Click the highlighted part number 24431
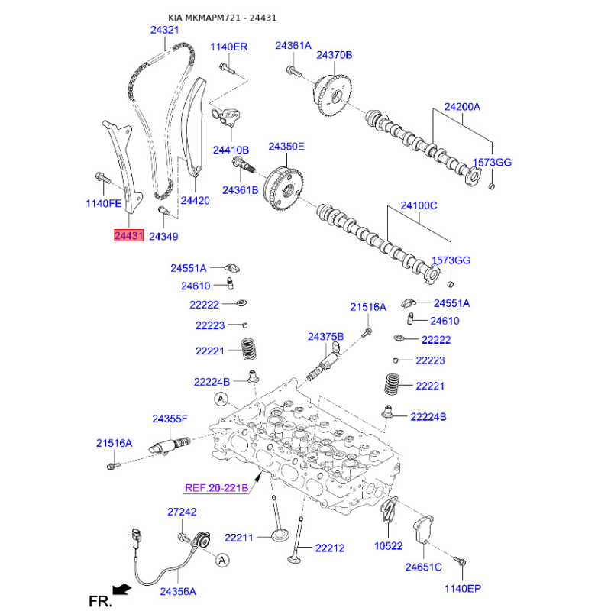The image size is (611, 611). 128,236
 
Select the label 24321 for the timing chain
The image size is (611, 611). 164,30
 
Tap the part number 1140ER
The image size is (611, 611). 229,47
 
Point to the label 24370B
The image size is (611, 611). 335,55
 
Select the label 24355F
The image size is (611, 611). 170,419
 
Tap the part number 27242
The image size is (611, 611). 182,512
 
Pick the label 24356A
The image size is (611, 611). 178,591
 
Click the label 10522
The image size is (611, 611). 388,547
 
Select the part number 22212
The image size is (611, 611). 330,548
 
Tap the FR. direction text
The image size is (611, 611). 100,602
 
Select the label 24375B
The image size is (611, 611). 326,336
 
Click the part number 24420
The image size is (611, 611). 195,200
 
